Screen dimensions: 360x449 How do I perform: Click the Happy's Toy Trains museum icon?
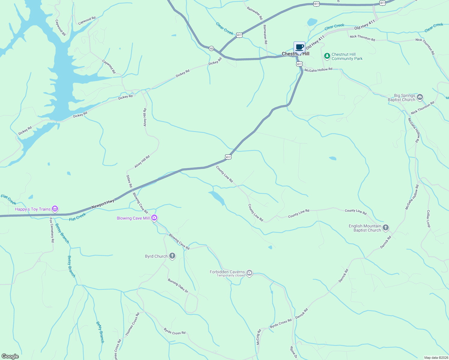55,209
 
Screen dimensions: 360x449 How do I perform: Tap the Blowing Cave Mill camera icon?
154,218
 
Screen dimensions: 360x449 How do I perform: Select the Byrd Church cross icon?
172,256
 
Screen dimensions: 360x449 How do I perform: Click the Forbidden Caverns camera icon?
249,273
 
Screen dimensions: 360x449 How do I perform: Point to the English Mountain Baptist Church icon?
386,228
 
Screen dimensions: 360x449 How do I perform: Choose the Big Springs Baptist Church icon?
420,97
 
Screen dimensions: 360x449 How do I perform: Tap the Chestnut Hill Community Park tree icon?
327,56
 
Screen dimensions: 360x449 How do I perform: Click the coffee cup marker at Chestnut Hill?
299,47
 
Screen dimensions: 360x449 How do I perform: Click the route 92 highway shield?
212,48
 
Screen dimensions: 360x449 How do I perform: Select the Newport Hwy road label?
103,204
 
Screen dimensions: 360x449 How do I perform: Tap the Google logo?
10,356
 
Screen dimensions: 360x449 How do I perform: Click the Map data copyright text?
435,358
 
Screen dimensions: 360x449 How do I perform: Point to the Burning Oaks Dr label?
178,286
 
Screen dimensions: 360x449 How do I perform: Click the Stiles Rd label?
129,181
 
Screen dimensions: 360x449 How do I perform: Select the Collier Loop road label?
428,219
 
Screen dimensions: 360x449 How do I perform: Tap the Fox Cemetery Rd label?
52,230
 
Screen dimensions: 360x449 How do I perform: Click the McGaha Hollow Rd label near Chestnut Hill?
318,70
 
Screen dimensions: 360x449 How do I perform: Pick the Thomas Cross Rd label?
132,324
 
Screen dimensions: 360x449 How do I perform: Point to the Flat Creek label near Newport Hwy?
77,217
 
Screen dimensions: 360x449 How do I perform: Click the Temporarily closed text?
231,276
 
